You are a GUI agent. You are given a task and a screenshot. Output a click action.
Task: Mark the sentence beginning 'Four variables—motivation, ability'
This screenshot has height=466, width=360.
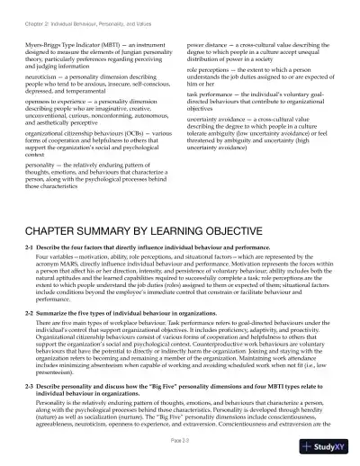pyautogui.click(x=90, y=256)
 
